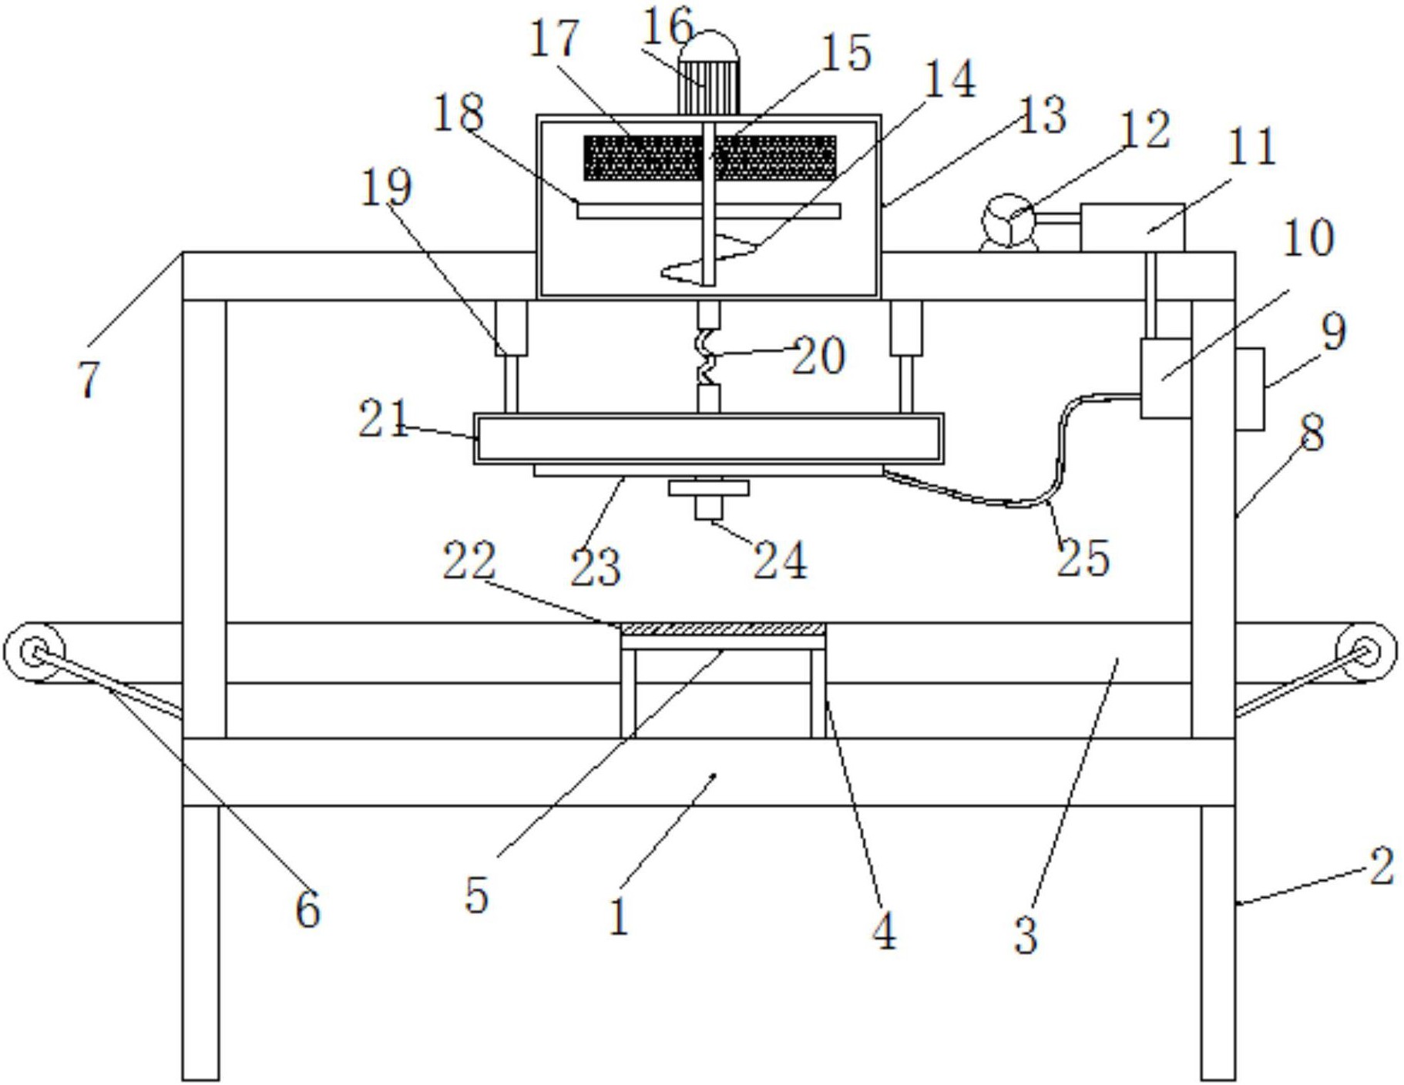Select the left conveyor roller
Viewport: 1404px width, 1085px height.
33,652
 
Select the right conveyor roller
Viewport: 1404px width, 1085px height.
1365,652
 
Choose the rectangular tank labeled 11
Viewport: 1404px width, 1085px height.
1131,227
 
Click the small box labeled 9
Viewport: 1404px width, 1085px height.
1250,389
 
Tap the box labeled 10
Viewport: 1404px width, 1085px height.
1165,377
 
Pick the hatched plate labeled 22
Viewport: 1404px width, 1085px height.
723,629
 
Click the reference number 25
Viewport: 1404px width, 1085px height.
1082,558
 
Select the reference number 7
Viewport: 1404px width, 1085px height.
89,380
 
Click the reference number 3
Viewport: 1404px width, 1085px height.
1026,934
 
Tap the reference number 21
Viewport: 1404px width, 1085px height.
383,420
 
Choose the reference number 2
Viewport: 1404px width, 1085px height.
1381,866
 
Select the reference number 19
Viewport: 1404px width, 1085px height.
386,187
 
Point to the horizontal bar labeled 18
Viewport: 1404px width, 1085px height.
708,211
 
